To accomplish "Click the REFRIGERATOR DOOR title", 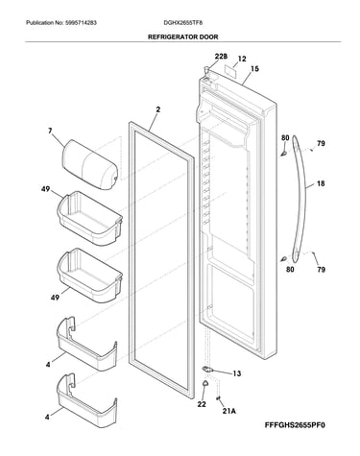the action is tap(182, 36).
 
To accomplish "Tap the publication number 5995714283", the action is tap(81, 23).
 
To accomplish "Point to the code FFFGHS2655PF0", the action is tap(295, 425).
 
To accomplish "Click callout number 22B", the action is tap(221, 57).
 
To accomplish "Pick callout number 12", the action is tap(242, 59).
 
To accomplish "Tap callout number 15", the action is tap(254, 69).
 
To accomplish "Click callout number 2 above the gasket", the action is tap(158, 109).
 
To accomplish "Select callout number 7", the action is tap(50, 131).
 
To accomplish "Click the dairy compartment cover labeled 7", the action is tap(89, 164).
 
